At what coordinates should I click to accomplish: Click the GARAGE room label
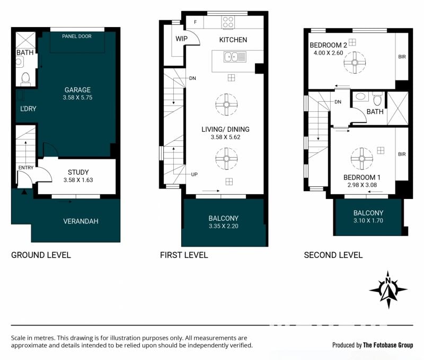[77, 90]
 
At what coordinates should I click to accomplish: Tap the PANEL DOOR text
[77, 36]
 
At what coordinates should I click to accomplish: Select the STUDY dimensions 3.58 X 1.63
[78, 180]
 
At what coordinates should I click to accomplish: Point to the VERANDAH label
[81, 221]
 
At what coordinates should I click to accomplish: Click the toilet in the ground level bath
[25, 78]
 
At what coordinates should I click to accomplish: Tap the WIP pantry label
[181, 39]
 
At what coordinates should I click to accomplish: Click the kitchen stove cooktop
[228, 22]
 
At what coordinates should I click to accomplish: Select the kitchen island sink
[235, 57]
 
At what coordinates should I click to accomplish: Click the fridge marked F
[195, 22]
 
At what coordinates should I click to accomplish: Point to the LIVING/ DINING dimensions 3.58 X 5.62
[226, 137]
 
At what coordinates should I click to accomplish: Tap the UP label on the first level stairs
[194, 175]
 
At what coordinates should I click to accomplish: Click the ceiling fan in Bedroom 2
[355, 62]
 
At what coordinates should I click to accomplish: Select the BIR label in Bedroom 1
[402, 154]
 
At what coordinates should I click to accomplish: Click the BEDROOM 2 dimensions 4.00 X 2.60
[328, 53]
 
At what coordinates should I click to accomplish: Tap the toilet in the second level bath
[377, 99]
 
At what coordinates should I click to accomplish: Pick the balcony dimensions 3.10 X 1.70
[368, 220]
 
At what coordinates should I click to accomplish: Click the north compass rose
[388, 290]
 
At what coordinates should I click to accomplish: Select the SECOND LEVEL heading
[333, 255]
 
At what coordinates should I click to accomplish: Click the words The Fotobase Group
[388, 345]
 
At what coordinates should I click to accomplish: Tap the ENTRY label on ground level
[26, 167]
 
